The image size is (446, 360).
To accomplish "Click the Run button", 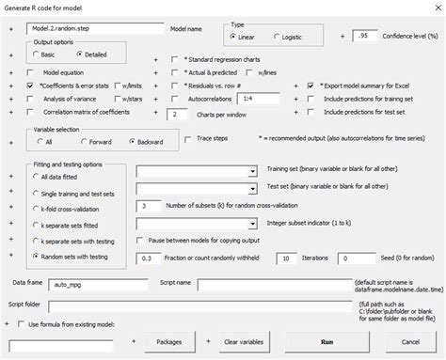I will [x=327, y=342].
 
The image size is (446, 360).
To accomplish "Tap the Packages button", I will [x=168, y=342].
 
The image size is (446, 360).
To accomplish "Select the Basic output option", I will [x=37, y=55].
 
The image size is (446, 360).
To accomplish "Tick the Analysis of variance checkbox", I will [x=33, y=98].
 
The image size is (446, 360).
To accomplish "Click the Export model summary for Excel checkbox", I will [x=310, y=85].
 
